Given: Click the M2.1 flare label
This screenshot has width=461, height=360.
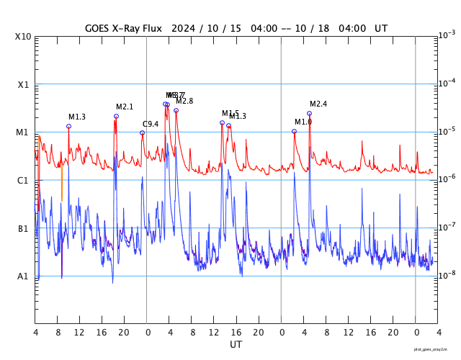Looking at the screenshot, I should [x=125, y=107].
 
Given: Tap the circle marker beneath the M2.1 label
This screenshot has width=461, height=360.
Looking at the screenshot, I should [x=116, y=116].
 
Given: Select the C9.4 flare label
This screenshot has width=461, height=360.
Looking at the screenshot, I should [x=151, y=124].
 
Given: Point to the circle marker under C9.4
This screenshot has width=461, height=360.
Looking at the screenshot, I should [x=142, y=132].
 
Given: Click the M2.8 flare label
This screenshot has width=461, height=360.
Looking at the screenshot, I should [x=184, y=102].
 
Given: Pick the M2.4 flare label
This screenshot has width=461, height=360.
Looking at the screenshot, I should [x=318, y=104].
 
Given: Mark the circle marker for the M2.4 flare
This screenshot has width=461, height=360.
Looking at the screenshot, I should [x=310, y=113].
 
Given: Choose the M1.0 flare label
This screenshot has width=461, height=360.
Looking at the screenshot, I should [x=303, y=122].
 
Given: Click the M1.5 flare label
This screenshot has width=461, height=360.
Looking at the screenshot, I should [x=230, y=114].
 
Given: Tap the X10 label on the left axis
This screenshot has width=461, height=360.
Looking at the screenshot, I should [x=23, y=37].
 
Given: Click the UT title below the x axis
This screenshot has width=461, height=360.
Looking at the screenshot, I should [x=236, y=345].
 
